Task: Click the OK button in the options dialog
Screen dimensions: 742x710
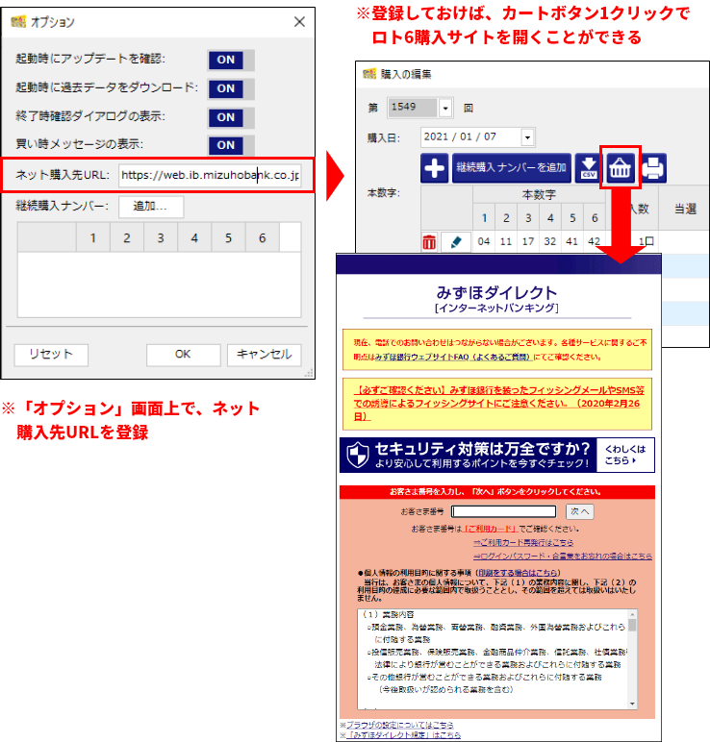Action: pos(183,354)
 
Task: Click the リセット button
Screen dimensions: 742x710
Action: pos(51,354)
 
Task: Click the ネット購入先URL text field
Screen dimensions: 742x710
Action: pos(210,176)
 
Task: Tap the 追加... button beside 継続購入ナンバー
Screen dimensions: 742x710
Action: pos(151,207)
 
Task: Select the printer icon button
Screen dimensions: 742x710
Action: pos(654,168)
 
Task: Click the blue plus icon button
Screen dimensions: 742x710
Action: pos(435,168)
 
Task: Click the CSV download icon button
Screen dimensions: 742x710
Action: pos(587,168)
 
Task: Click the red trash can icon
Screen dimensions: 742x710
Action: pos(429,242)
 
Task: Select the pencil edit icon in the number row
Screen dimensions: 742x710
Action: pos(454,242)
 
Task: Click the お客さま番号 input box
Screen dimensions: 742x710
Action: pos(503,511)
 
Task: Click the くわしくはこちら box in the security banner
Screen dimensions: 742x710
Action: pos(625,455)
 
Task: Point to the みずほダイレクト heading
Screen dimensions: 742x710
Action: pos(496,292)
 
